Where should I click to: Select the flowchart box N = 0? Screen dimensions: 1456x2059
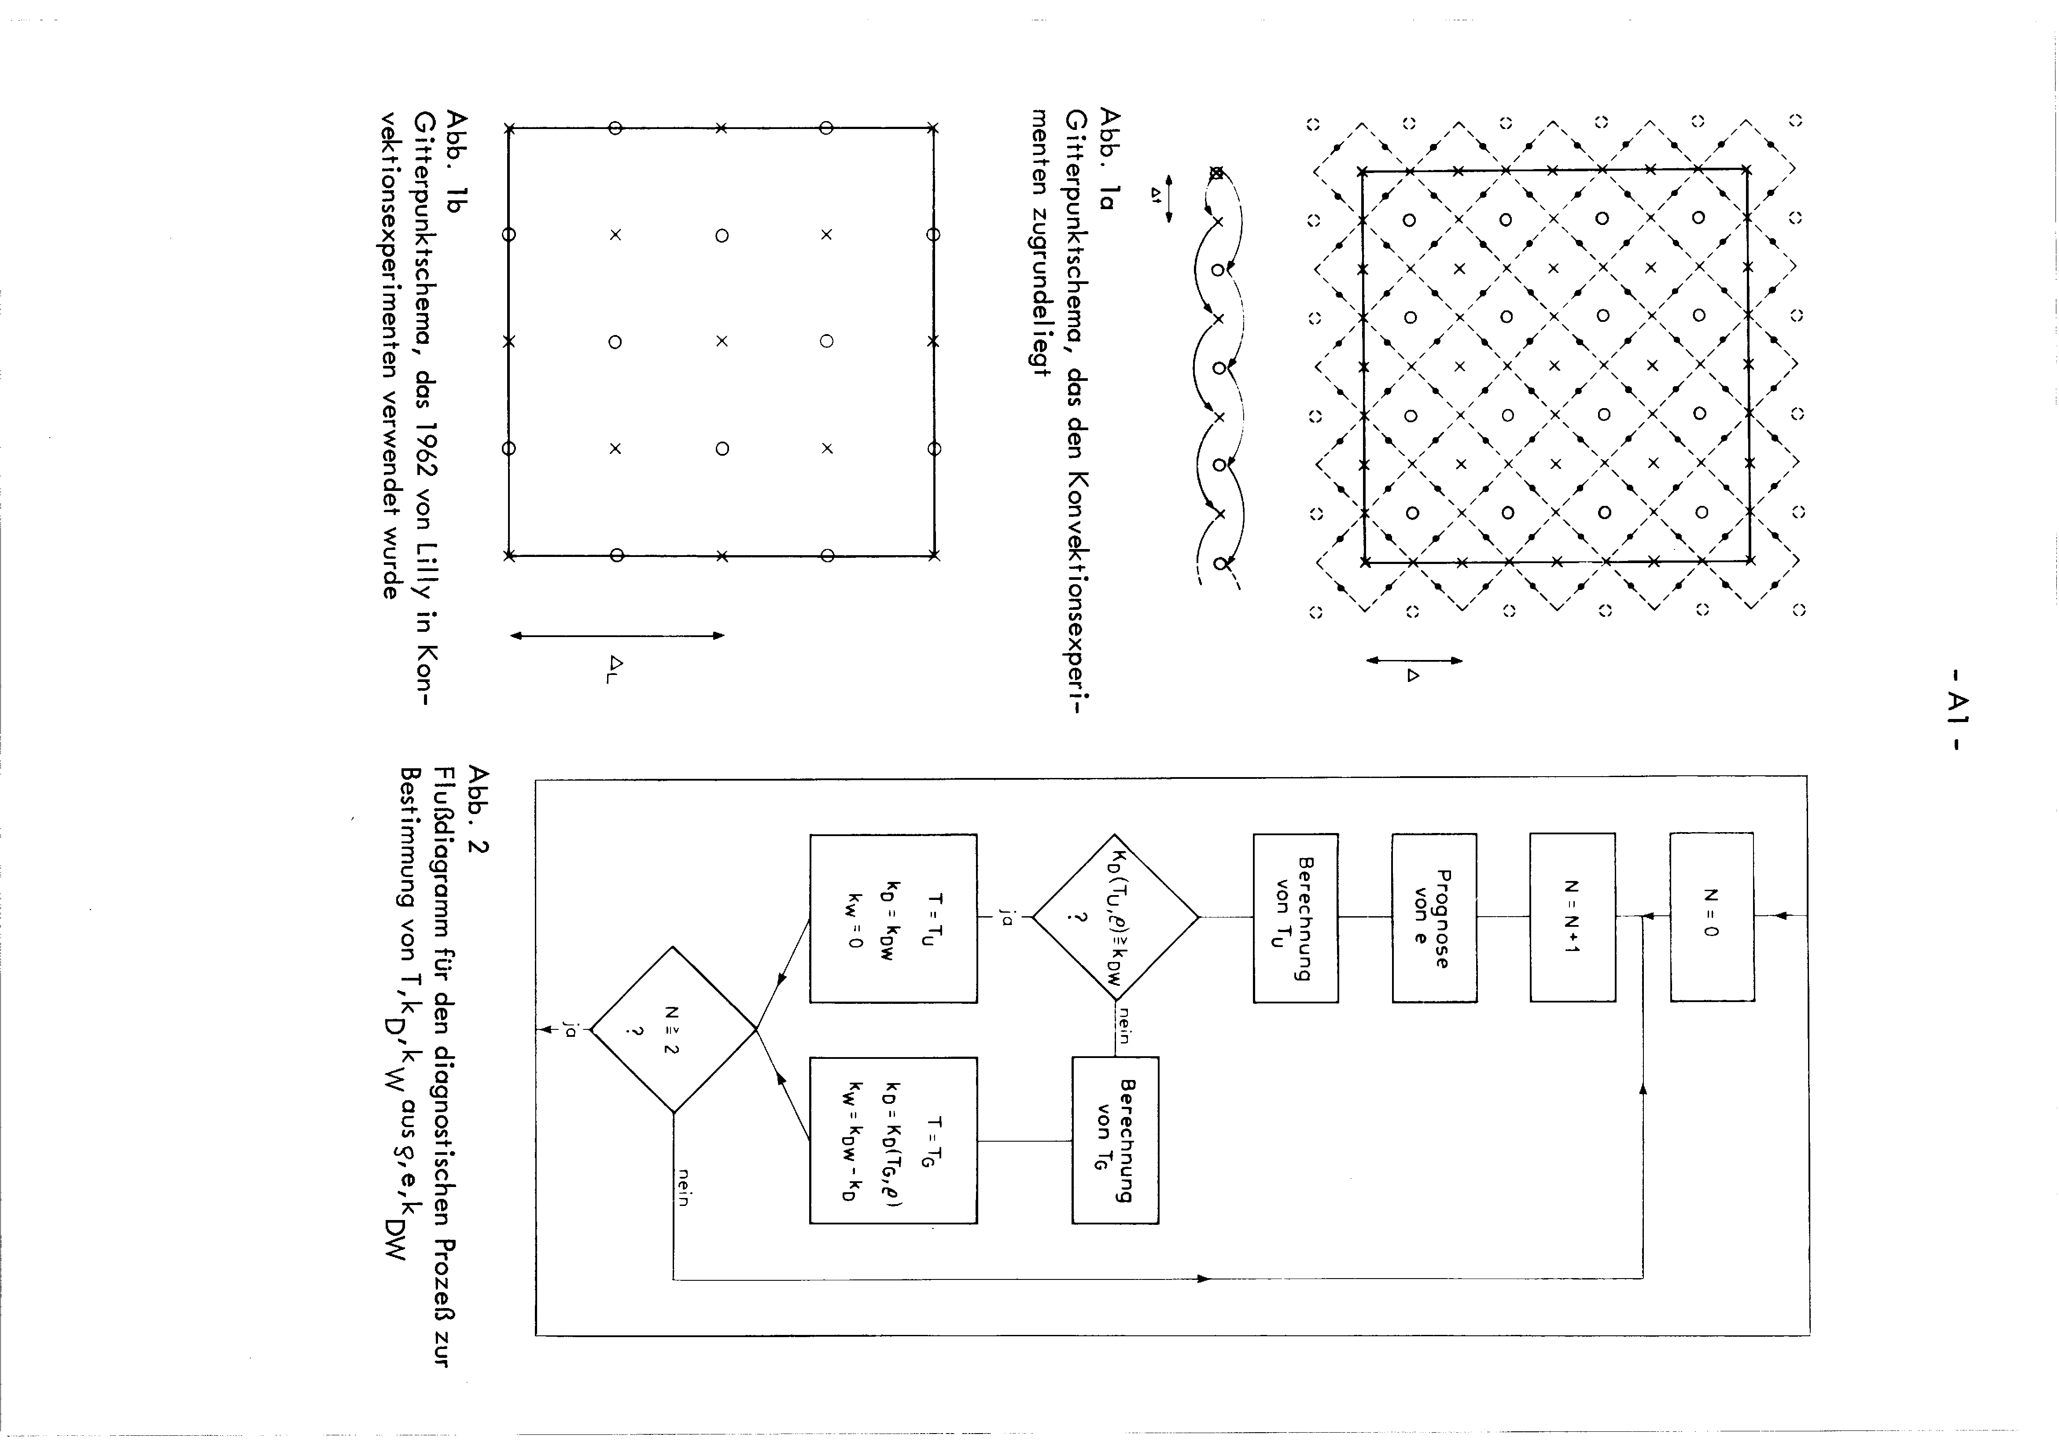click(x=1712, y=916)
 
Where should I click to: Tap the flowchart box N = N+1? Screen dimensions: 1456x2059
click(x=1572, y=916)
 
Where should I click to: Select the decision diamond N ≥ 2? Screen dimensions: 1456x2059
click(x=673, y=1029)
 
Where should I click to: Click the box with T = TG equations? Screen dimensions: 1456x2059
click(x=893, y=1140)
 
